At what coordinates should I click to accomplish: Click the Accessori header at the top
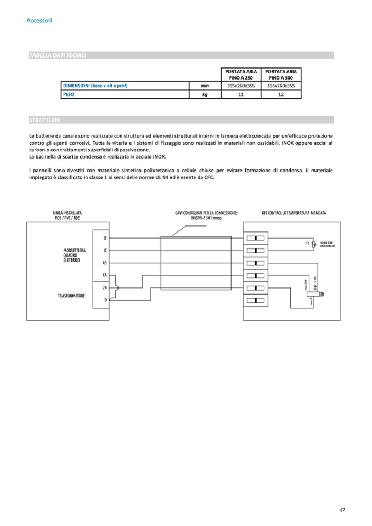click(x=39, y=21)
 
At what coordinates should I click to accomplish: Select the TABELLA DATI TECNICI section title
click(x=57, y=55)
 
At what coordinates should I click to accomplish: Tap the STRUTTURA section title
click(x=45, y=120)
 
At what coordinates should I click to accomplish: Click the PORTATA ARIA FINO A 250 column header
click(x=241, y=75)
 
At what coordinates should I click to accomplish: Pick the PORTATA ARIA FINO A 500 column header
click(x=281, y=75)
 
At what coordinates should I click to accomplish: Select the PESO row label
click(x=69, y=95)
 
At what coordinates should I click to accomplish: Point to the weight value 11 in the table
click(x=241, y=95)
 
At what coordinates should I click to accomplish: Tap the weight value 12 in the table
click(x=281, y=95)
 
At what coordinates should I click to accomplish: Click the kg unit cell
click(x=205, y=95)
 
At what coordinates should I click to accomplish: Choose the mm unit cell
click(x=205, y=86)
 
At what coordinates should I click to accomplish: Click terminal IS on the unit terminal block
click(x=104, y=238)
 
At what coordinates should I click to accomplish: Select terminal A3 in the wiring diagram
click(x=104, y=263)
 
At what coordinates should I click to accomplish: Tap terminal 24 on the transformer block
click(x=104, y=287)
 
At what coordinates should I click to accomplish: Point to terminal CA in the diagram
click(x=104, y=275)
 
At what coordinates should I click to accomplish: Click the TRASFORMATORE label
click(x=71, y=296)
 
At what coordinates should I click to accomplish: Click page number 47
click(x=342, y=511)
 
